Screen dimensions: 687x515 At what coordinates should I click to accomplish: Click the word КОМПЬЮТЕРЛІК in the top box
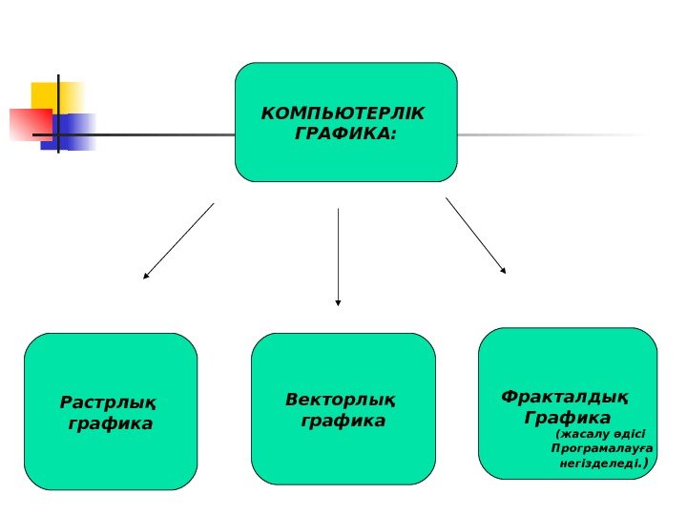[x=344, y=114]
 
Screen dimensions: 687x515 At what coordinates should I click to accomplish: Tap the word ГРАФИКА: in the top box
[x=345, y=134]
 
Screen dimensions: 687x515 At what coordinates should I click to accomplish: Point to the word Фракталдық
[x=565, y=397]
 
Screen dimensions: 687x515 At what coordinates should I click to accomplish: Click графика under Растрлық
[x=111, y=423]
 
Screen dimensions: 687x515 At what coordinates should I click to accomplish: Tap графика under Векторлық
[x=343, y=421]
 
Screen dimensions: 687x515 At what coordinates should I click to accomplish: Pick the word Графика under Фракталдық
[x=568, y=418]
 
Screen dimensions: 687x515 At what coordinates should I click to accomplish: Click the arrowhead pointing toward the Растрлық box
[x=146, y=276]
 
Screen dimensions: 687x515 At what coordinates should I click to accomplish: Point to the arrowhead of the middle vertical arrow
[x=338, y=302]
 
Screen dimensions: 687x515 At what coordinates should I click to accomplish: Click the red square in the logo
[x=29, y=124]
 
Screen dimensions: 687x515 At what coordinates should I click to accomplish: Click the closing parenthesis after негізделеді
[x=647, y=464]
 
